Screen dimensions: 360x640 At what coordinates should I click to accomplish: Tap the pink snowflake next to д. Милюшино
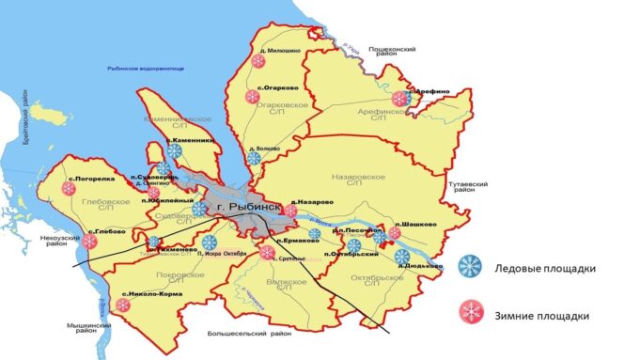point(257,61)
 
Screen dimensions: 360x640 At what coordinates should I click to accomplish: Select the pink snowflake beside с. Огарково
point(252,97)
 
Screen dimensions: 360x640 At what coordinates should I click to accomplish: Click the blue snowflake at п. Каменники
point(174,150)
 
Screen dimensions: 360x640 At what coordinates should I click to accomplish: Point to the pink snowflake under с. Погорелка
point(69,188)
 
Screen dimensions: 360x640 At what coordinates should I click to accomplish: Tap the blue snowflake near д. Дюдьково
point(402,256)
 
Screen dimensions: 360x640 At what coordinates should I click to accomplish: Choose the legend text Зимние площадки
point(542,315)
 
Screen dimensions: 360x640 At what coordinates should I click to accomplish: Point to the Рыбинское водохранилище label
point(146,69)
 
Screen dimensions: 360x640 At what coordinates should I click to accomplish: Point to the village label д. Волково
point(266,148)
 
